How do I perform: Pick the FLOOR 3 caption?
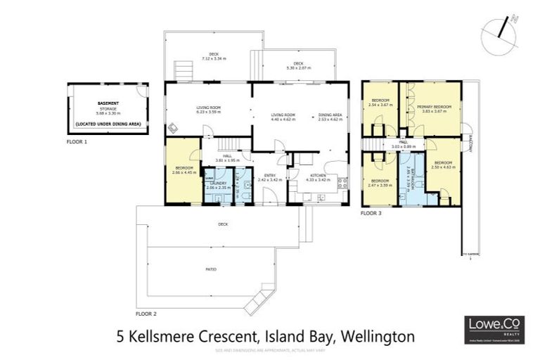click(371, 212)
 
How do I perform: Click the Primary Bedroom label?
click(432, 108)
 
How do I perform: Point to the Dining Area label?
click(329, 117)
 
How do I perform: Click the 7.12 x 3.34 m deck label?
click(212, 56)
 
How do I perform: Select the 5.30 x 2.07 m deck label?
click(292, 65)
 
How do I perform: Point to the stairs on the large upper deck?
click(184, 70)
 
